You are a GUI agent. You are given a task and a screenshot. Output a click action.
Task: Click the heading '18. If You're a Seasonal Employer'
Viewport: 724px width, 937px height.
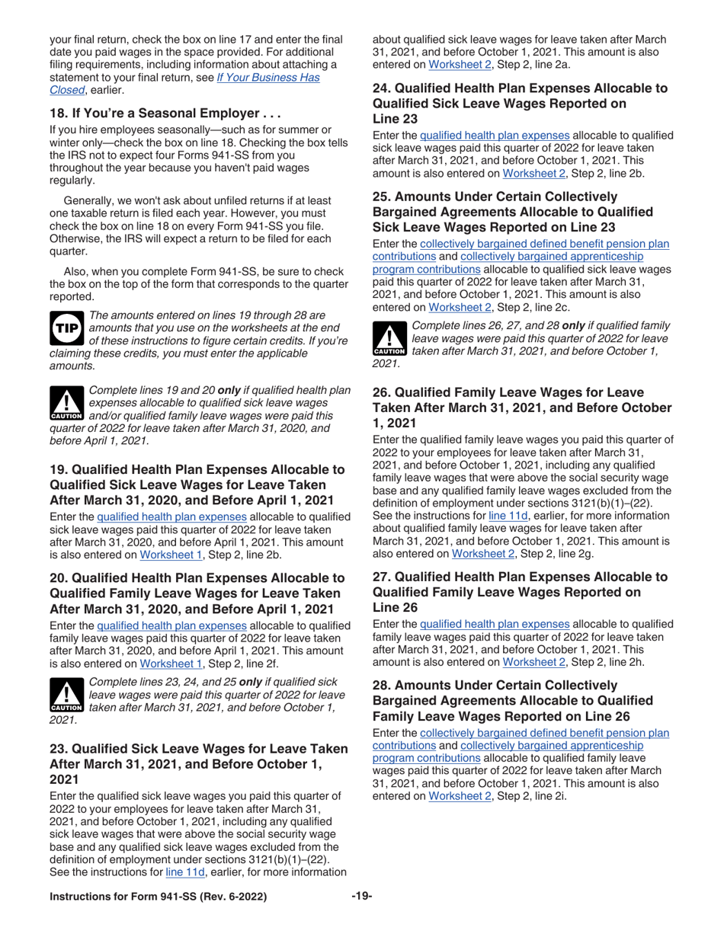166,114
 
